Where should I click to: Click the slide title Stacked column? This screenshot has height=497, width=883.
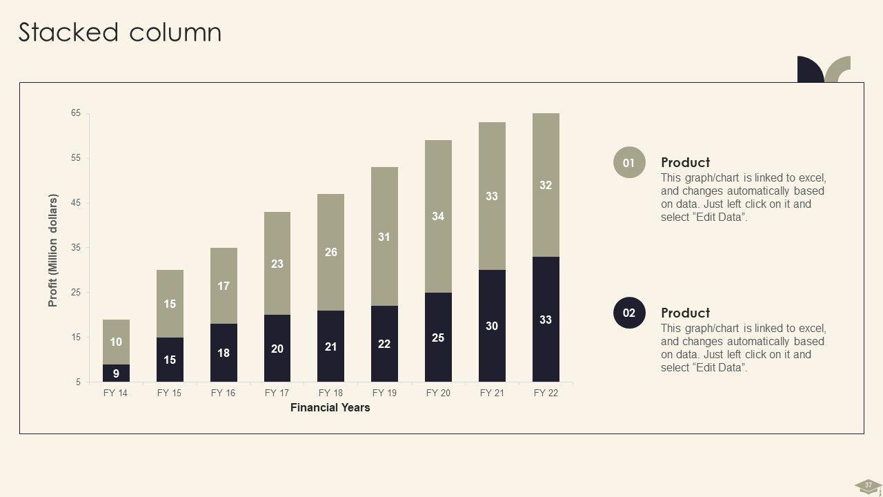tap(120, 32)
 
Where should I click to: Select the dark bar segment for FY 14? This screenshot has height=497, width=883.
tap(116, 373)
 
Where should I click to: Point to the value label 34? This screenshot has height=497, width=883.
tap(438, 216)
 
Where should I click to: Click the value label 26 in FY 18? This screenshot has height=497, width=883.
tap(331, 252)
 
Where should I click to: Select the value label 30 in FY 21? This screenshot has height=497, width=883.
tap(492, 326)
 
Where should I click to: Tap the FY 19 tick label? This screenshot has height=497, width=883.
tap(384, 393)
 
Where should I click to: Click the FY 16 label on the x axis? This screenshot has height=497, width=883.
tap(223, 393)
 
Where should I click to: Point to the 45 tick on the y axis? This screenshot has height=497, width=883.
tap(76, 203)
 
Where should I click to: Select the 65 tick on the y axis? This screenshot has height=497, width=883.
tap(76, 113)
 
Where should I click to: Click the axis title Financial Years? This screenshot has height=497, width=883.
tap(330, 408)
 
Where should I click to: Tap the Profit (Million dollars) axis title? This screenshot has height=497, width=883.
tap(53, 250)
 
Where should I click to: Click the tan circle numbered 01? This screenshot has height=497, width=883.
tap(629, 163)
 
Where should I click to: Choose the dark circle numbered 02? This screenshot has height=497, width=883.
tap(629, 313)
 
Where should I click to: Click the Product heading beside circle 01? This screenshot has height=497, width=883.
tap(685, 162)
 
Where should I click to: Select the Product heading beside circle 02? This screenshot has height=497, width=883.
tap(685, 313)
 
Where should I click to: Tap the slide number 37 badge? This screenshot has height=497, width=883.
tap(868, 485)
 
